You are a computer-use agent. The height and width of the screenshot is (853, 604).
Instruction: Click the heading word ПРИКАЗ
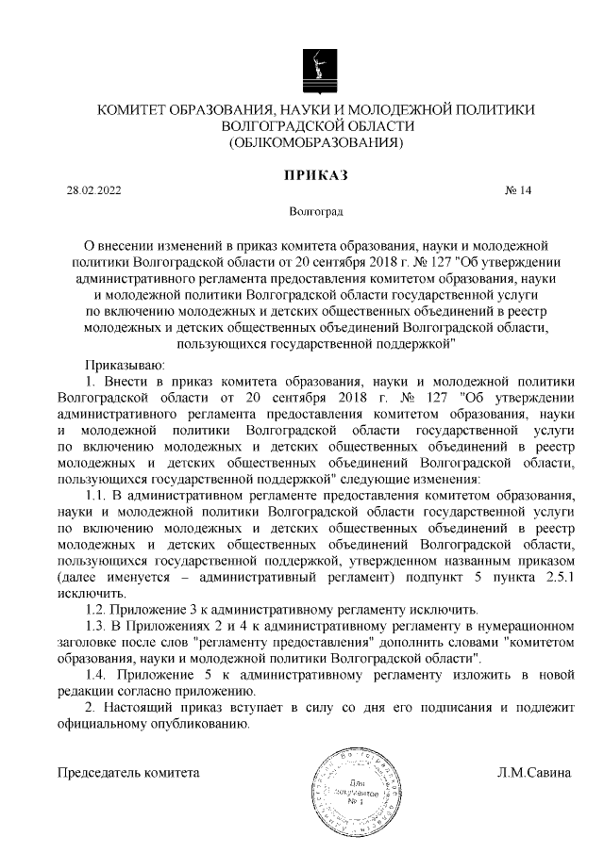click(316, 174)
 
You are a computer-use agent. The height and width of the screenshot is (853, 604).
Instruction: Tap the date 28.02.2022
click(93, 190)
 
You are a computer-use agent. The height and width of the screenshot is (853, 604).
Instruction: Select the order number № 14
click(519, 190)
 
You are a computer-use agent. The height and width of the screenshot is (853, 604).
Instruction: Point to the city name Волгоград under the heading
click(315, 215)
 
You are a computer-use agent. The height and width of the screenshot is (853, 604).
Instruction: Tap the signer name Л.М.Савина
click(535, 773)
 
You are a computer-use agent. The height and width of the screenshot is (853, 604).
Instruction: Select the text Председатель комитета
click(129, 773)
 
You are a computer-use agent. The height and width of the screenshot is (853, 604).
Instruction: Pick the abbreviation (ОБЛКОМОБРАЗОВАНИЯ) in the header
click(316, 143)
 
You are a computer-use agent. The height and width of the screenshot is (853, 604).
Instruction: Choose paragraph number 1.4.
click(95, 675)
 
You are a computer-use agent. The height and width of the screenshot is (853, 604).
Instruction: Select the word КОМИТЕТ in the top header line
click(132, 110)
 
